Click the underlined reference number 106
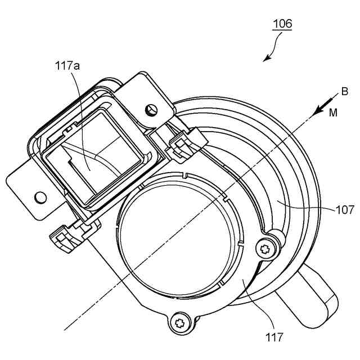pos(282,24)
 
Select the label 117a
pos(67,66)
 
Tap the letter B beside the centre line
pos(344,92)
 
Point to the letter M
pos(334,112)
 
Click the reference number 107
pos(344,210)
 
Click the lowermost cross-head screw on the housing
pos(181,323)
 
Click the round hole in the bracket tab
pos(40,197)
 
